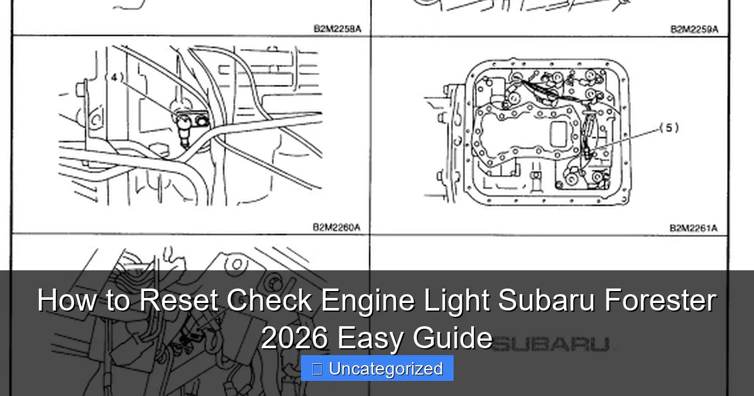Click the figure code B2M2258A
click(x=337, y=28)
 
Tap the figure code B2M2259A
click(x=694, y=28)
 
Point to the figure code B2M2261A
click(x=694, y=228)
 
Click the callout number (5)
click(x=669, y=128)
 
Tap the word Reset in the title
click(x=179, y=300)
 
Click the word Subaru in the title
click(x=547, y=300)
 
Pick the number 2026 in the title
click(x=293, y=339)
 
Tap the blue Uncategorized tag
click(x=377, y=368)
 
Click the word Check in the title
click(x=270, y=300)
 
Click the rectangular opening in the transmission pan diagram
click(x=559, y=134)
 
